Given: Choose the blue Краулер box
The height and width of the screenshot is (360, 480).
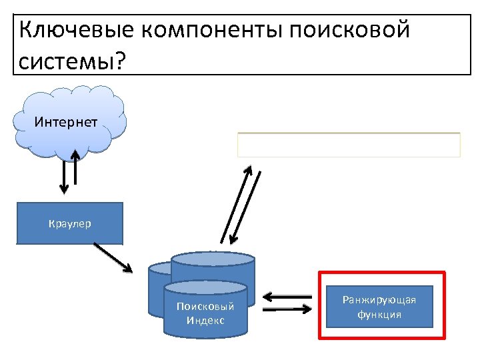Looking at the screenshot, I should tap(70, 223).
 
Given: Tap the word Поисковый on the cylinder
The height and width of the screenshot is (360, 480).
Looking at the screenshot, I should tap(205, 307).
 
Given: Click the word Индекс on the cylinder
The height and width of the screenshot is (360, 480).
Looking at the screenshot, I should tap(205, 321).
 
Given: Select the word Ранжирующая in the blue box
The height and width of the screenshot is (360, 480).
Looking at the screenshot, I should tap(379, 300).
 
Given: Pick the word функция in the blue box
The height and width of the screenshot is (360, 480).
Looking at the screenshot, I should tap(379, 314).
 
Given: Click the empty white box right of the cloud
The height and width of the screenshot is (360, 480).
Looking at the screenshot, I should tap(349, 145).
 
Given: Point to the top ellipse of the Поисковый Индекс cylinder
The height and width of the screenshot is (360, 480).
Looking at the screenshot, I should tap(205, 287).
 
